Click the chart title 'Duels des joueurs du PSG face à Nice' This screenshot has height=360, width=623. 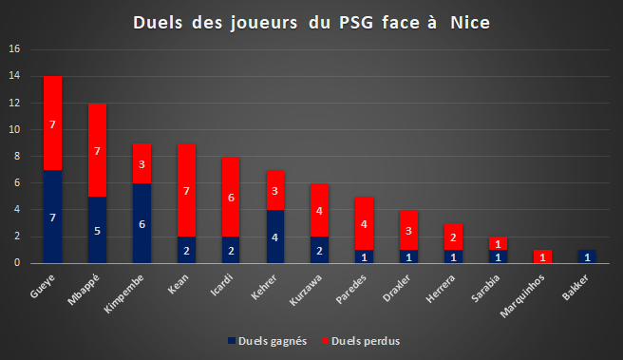(311, 23)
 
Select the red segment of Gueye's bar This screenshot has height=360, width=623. (52, 123)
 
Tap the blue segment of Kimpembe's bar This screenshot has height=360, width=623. (142, 223)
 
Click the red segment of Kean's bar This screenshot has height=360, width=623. (186, 190)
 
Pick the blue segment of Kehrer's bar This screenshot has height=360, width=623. (275, 237)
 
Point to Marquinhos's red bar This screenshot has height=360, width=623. (542, 256)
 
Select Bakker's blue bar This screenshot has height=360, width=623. (587, 256)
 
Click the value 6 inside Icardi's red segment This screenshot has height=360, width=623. (231, 198)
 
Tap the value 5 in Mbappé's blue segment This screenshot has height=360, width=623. (97, 231)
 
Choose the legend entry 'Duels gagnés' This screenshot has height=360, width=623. (268, 341)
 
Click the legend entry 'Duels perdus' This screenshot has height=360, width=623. (361, 341)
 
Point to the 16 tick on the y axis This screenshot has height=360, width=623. (14, 48)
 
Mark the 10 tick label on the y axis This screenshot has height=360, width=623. (14, 129)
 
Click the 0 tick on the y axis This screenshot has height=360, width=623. (17, 263)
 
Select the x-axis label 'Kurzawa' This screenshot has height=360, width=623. (306, 290)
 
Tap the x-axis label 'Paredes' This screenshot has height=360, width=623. (351, 290)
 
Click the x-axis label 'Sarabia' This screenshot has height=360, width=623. (485, 289)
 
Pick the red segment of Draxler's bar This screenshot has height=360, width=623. (408, 230)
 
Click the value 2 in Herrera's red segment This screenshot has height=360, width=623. (453, 237)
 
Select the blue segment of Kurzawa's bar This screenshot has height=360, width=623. (319, 250)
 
